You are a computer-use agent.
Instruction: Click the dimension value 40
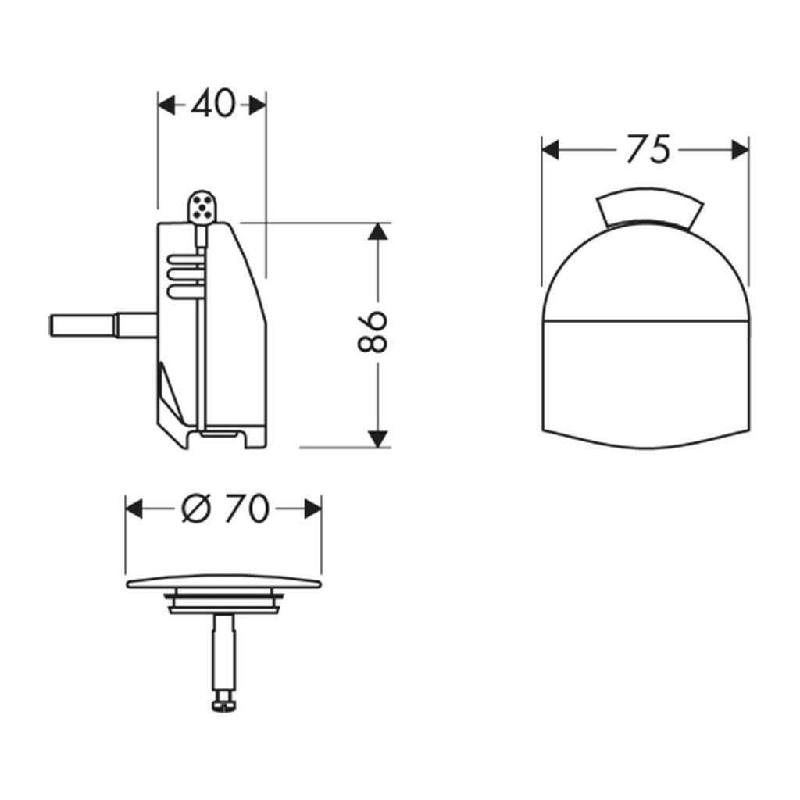click(x=213, y=104)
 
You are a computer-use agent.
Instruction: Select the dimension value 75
click(x=647, y=149)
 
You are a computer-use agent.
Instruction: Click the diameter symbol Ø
click(x=196, y=509)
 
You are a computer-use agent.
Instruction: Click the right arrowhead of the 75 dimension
click(x=741, y=151)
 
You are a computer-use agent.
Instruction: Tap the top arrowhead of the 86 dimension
click(x=377, y=231)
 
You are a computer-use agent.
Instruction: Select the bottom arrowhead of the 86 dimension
click(x=377, y=439)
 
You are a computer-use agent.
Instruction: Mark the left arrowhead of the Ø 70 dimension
click(x=134, y=509)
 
